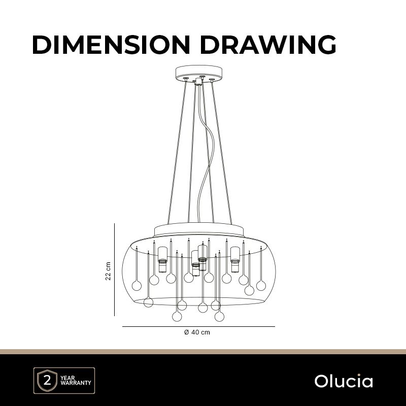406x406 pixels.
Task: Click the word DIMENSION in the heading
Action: [x=111, y=45]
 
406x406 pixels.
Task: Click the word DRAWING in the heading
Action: [x=268, y=45]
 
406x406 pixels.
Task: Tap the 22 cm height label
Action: [x=108, y=271]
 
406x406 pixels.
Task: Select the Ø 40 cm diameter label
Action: [x=197, y=332]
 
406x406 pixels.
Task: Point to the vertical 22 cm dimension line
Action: [x=115, y=269]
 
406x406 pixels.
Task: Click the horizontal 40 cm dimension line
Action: [x=198, y=327]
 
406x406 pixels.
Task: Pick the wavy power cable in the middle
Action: [x=205, y=153]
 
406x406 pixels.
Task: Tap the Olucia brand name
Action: [x=344, y=381]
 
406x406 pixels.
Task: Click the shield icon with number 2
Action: [x=47, y=380]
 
